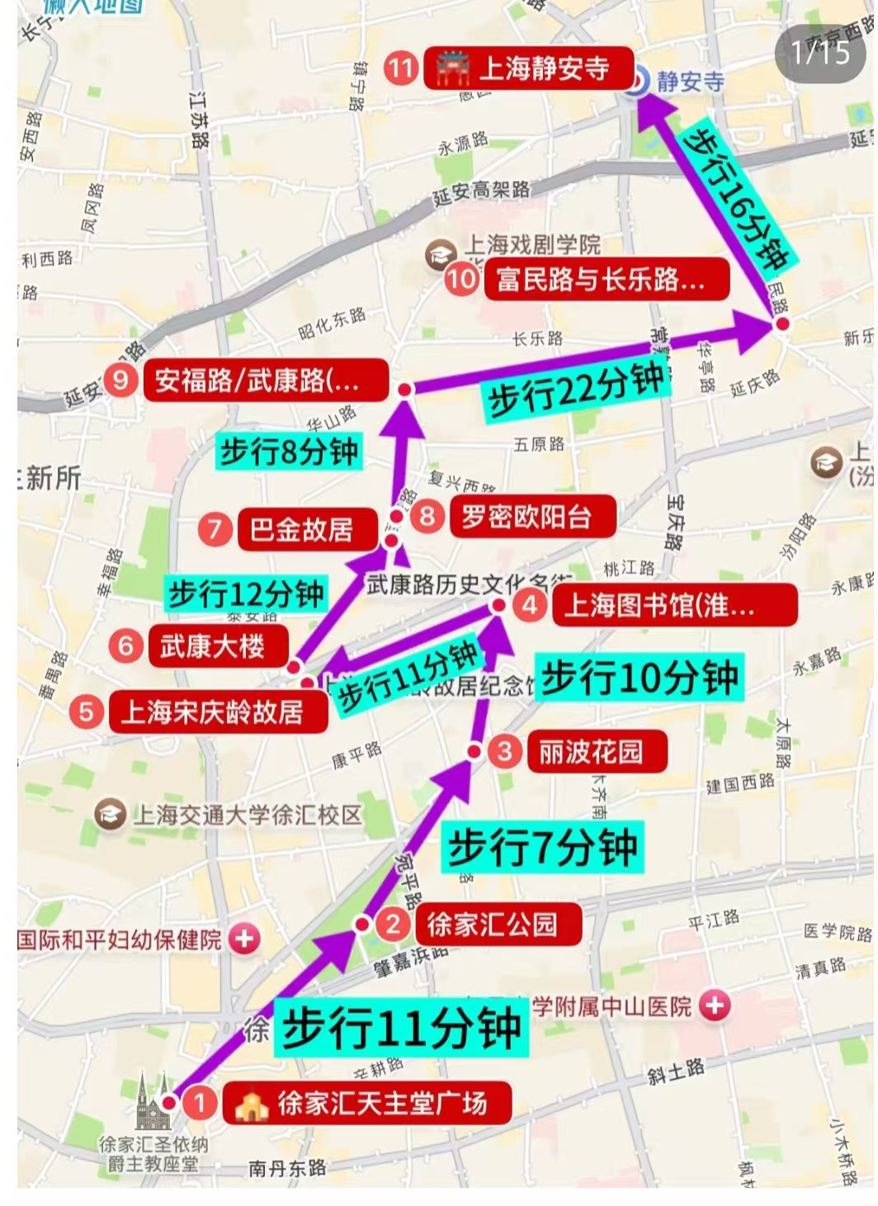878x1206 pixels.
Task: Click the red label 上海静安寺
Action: click(x=529, y=69)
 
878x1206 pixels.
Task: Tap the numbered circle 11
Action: click(x=401, y=68)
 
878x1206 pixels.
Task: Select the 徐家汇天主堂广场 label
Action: click(x=367, y=1104)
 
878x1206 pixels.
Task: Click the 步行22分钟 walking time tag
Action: click(x=576, y=389)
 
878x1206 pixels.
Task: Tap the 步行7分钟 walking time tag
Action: click(x=542, y=847)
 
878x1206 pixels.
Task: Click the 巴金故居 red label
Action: click(x=301, y=529)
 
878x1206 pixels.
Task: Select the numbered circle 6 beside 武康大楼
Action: click(x=125, y=645)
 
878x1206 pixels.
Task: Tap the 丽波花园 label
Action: click(x=591, y=752)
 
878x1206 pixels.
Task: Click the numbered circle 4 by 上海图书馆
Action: click(x=530, y=605)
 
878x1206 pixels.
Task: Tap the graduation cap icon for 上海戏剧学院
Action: click(x=441, y=255)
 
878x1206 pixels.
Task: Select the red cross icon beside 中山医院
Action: click(x=715, y=1005)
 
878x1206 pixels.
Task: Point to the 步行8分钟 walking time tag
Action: click(x=289, y=451)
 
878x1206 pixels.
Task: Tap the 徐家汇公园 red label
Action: click(x=492, y=925)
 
